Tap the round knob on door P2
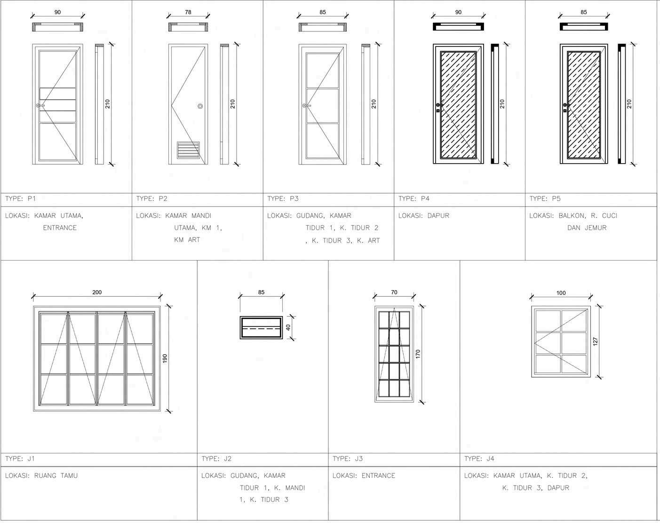click(200, 106)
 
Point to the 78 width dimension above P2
click(188, 12)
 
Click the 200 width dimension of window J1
click(97, 292)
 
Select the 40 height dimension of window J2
click(288, 327)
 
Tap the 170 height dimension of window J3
click(418, 354)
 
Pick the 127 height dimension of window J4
click(595, 341)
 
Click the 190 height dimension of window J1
click(165, 358)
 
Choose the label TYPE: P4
click(414, 198)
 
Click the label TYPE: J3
click(348, 459)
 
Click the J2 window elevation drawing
click(261, 327)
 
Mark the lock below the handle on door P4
click(438, 111)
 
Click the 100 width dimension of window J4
click(561, 293)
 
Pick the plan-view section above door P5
click(583, 27)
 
